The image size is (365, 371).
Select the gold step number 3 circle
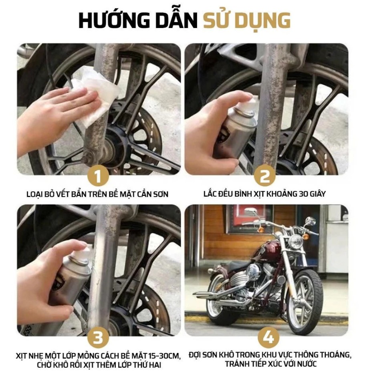[x=99, y=337]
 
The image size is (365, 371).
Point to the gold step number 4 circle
[x=266, y=337]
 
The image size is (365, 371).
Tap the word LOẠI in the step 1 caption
[x=35, y=194]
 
